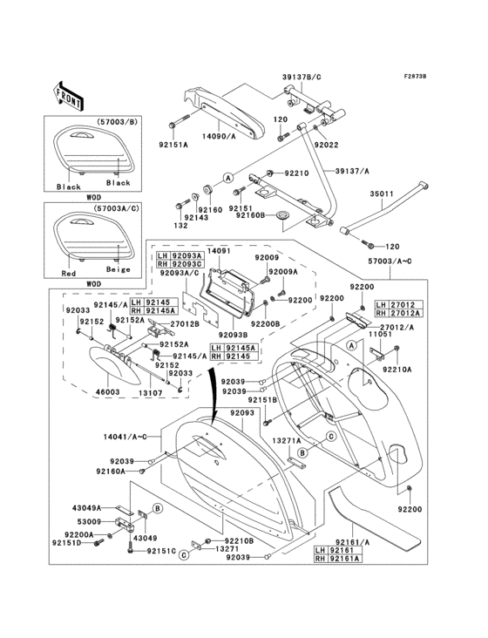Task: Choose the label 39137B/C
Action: pos(302,76)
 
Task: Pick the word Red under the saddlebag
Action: pos(68,272)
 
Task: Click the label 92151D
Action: pos(65,542)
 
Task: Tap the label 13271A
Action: pos(289,441)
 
